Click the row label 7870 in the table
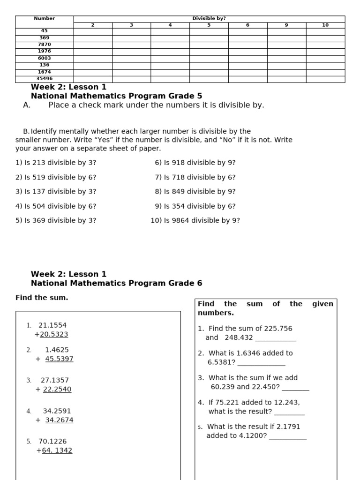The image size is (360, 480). (x=45, y=44)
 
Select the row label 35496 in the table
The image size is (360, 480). (x=45, y=79)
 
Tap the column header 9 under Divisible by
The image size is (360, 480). (x=286, y=25)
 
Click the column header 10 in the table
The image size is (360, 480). (x=325, y=25)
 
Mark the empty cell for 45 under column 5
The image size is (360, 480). (x=209, y=31)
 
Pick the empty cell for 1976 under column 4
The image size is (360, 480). (x=170, y=51)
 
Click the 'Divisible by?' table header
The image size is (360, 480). (x=209, y=18)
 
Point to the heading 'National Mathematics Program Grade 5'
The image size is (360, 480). (x=116, y=96)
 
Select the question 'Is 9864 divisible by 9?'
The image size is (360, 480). (x=195, y=220)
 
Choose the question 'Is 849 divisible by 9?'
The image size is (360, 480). (x=195, y=191)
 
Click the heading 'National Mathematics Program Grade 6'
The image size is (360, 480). (x=116, y=283)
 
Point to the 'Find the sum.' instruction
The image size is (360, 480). (x=42, y=298)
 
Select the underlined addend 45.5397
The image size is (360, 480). (x=59, y=359)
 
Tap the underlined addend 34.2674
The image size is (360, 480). (x=59, y=420)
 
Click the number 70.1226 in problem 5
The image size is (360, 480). (x=52, y=441)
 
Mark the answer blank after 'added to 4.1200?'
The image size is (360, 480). (x=288, y=436)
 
